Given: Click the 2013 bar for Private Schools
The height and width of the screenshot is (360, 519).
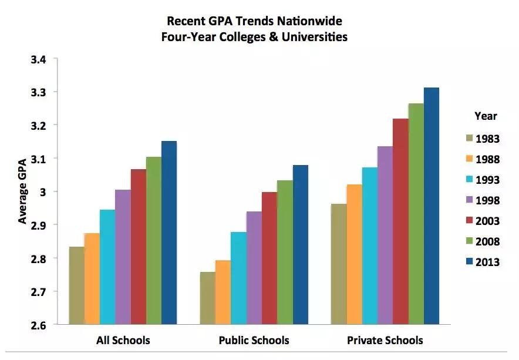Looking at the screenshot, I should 431,206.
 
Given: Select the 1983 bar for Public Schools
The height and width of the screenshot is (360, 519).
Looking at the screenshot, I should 207,298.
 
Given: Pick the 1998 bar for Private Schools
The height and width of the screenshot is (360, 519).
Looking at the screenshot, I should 385,235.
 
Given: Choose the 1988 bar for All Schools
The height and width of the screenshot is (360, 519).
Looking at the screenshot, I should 92,278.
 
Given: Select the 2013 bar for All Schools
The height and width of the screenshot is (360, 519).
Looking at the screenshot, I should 168,233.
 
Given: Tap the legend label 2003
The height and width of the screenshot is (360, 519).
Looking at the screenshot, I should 487,221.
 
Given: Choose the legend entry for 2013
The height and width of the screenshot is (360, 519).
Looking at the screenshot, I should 487,262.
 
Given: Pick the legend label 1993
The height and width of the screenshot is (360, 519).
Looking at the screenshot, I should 487,180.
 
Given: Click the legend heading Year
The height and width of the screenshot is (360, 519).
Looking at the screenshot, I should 485,116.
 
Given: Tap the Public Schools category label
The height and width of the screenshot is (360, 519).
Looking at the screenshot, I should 254,341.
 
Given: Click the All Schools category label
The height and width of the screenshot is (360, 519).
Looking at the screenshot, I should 123,341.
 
